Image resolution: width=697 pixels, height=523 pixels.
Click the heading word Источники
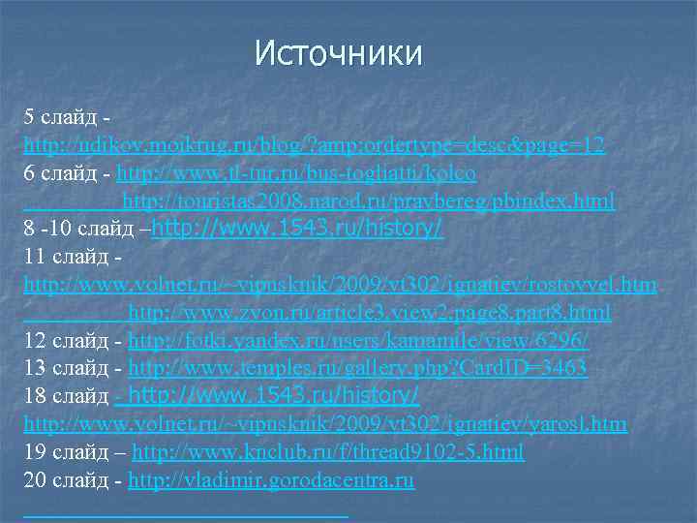pyautogui.click(x=339, y=52)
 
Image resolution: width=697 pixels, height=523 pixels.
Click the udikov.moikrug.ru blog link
pyautogui.click(x=315, y=146)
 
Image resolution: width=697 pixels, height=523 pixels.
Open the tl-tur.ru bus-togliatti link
pyautogui.click(x=295, y=174)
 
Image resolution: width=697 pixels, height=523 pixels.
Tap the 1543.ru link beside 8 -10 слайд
pyautogui.click(x=298, y=230)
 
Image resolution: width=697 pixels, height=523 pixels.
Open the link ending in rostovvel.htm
pyautogui.click(x=340, y=286)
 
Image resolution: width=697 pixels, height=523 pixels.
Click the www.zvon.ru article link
pyautogui.click(x=369, y=313)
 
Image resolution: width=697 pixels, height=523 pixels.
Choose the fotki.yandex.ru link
pyautogui.click(x=358, y=341)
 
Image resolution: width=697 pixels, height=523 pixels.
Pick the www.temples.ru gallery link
pyautogui.click(x=357, y=369)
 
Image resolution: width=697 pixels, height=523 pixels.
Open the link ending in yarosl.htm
pyautogui.click(x=325, y=424)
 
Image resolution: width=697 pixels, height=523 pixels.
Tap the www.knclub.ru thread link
pyautogui.click(x=328, y=452)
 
